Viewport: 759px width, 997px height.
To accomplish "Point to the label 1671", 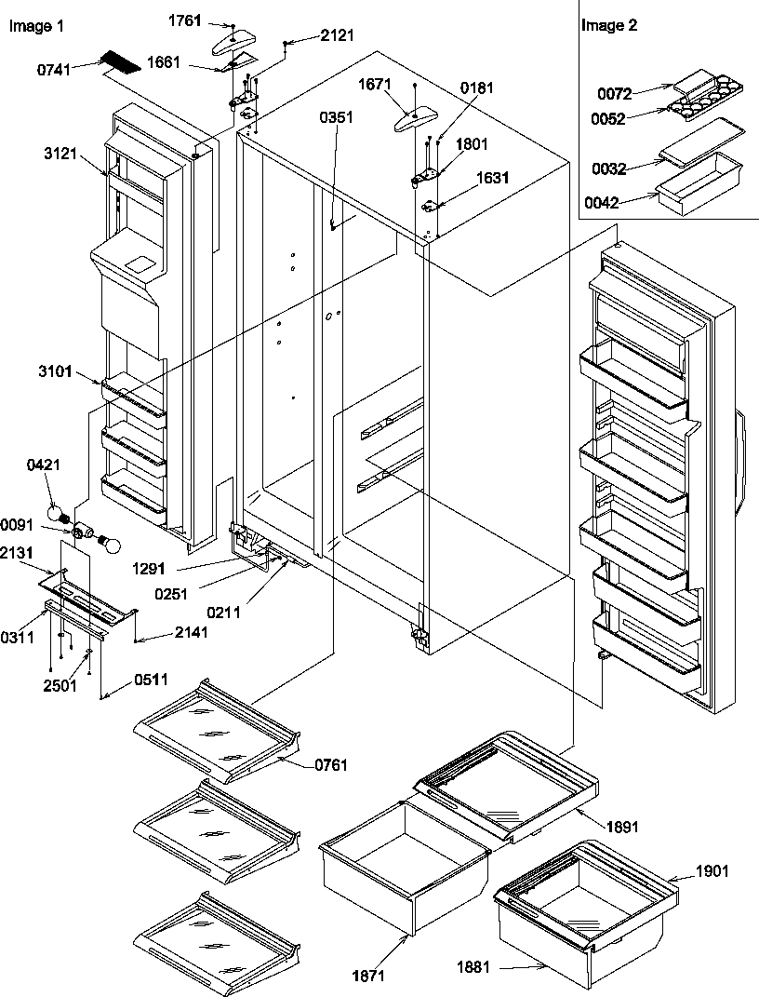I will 377,85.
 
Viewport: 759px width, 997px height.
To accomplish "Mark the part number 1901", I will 712,871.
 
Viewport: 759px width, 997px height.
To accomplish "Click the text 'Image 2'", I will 609,25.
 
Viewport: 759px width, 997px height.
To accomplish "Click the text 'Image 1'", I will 36,26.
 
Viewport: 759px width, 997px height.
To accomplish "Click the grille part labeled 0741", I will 120,64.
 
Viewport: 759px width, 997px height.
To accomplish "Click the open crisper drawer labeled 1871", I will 405,861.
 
